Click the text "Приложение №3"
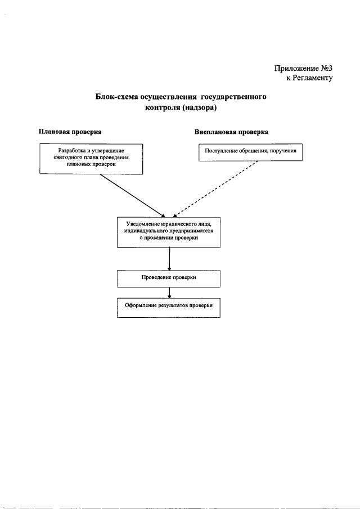[x=303, y=68]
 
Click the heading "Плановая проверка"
[x=70, y=132]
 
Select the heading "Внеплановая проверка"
[x=231, y=132]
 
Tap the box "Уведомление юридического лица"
[x=169, y=231]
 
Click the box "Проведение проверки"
[x=169, y=278]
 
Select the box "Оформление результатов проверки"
[x=169, y=307]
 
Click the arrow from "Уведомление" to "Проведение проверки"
[x=169, y=259]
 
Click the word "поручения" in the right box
[x=281, y=151]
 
